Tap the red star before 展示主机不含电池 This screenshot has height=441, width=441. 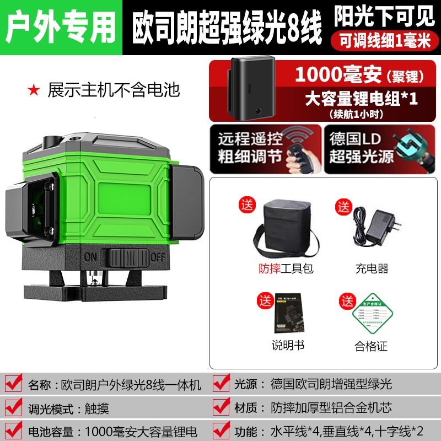34,89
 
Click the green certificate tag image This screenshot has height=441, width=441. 372,315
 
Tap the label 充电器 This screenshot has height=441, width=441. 372,268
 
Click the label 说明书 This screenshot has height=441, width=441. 288,346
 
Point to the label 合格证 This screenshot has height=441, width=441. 372,347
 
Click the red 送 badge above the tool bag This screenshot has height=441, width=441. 248,206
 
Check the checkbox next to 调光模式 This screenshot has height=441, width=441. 14,408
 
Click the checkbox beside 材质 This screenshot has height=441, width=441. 221,408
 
